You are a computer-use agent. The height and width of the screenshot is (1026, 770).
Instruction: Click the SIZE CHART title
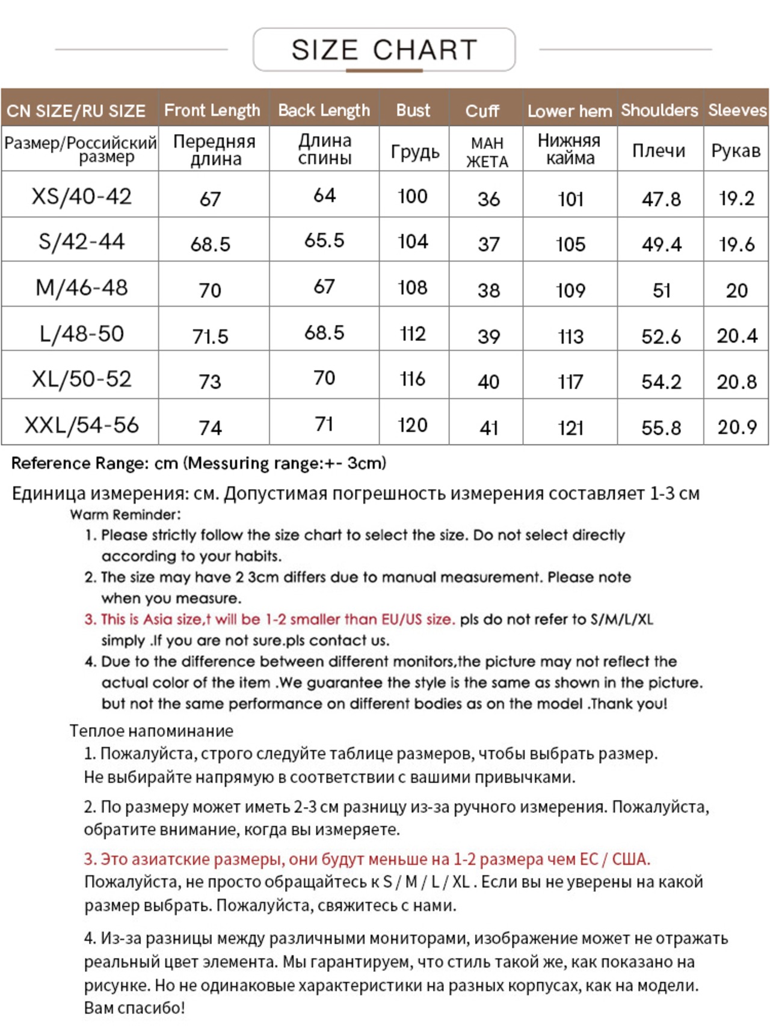pyautogui.click(x=384, y=50)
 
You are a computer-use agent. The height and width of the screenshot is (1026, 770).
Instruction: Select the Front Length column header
pyautogui.click(x=212, y=111)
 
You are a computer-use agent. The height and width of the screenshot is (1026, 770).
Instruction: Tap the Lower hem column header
pyautogui.click(x=569, y=111)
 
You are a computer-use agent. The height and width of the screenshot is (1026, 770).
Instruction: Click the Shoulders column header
pyautogui.click(x=659, y=111)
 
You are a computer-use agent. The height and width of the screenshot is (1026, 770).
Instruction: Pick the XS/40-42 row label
pyautogui.click(x=81, y=197)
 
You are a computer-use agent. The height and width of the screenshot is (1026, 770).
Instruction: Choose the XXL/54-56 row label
pyautogui.click(x=81, y=426)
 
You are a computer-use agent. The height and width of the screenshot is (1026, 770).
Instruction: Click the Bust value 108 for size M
pyautogui.click(x=413, y=288)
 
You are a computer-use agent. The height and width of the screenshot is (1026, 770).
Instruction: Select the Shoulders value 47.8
pyautogui.click(x=661, y=199)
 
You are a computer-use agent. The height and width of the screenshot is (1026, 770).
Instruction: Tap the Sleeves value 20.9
pyautogui.click(x=736, y=427)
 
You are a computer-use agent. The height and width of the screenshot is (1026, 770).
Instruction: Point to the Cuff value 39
pyautogui.click(x=488, y=337)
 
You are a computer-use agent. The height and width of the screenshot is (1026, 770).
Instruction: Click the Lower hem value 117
pyautogui.click(x=570, y=382)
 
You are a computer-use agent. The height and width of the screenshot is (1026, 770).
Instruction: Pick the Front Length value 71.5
pyautogui.click(x=210, y=337)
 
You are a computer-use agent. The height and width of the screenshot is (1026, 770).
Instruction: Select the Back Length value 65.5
pyautogui.click(x=324, y=240)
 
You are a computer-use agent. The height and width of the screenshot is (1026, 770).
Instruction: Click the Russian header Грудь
pyautogui.click(x=414, y=151)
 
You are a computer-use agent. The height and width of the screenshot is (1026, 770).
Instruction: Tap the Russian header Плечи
pyautogui.click(x=659, y=151)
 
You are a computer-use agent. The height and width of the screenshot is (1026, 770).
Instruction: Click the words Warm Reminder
pyautogui.click(x=125, y=515)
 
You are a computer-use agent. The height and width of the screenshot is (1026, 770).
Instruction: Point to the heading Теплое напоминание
pyautogui.click(x=151, y=731)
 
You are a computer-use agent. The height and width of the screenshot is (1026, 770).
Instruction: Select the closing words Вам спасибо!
pyautogui.click(x=134, y=1008)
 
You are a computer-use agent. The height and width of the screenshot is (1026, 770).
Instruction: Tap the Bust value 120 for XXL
pyautogui.click(x=413, y=426)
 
